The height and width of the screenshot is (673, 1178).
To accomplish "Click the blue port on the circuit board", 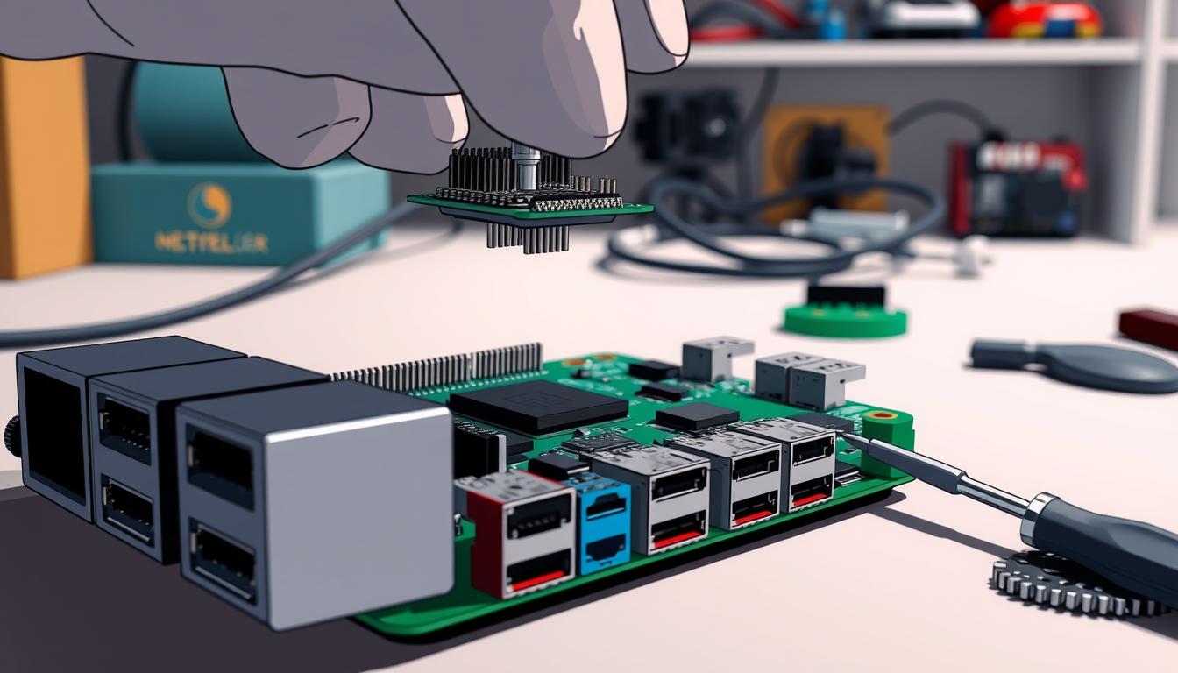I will click(599, 522).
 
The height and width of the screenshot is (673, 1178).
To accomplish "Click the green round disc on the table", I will click(845, 321).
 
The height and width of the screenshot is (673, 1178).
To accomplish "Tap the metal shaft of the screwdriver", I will click(947, 478).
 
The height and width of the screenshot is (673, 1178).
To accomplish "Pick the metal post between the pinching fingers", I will click(526, 166).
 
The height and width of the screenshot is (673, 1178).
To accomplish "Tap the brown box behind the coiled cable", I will click(824, 149).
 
